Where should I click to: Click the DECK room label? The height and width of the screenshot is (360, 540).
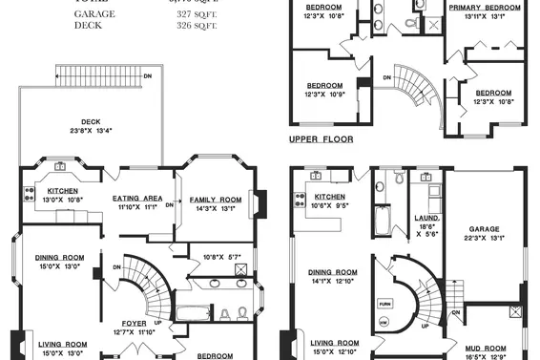[91, 122]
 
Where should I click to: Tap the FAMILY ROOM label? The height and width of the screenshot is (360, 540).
[216, 199]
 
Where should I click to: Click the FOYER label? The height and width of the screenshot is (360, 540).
[133, 323]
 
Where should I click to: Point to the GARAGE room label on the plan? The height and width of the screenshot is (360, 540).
[483, 229]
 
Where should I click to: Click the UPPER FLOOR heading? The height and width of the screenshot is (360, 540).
[321, 139]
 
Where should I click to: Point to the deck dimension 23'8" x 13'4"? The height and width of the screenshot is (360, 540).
[91, 132]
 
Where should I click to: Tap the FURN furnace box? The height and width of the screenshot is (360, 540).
[385, 303]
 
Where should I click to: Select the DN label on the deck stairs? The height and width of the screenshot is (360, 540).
[146, 75]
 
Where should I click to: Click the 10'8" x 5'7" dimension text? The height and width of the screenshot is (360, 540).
[222, 256]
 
